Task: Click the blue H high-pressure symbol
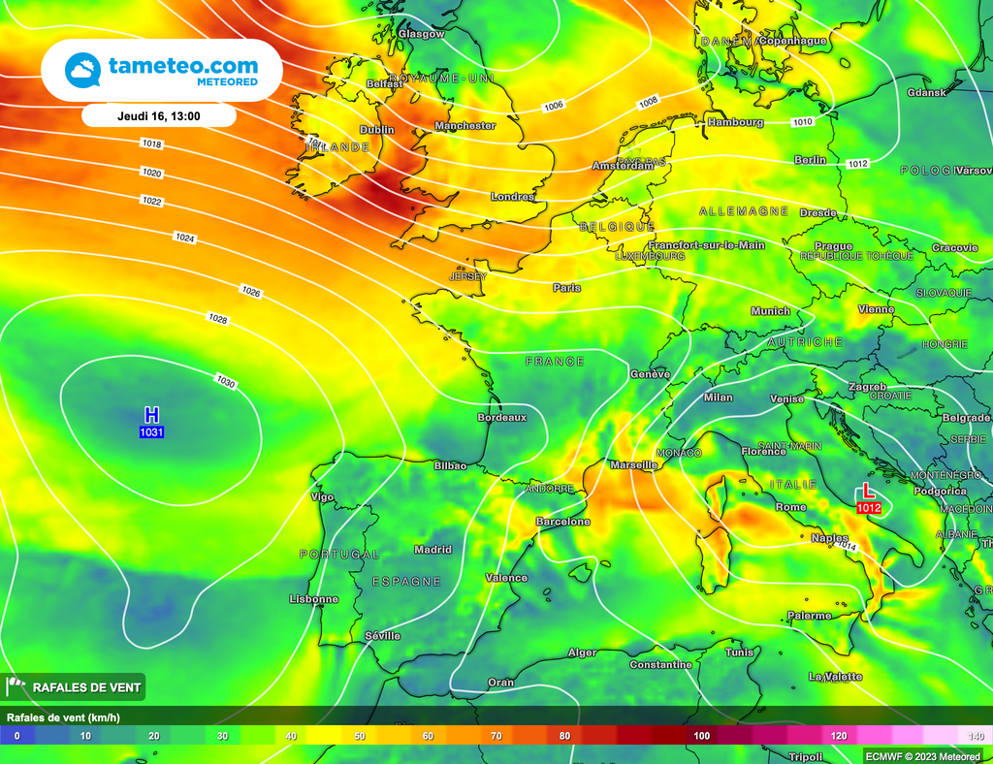coord(151,415)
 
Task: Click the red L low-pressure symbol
coord(868,492)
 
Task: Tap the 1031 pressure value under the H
coord(151,431)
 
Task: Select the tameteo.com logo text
coord(183,66)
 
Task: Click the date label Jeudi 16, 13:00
coord(159,115)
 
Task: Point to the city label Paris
coord(566,288)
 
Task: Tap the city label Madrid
coord(432,550)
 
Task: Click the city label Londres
coord(513,197)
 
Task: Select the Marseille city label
coord(634,465)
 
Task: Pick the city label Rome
coord(791,507)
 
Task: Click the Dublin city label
coord(377,130)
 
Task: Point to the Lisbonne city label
coord(314,599)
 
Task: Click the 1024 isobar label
coord(184,238)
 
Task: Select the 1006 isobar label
coord(554,106)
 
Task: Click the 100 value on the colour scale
coord(701,736)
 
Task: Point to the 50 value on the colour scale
coord(360,736)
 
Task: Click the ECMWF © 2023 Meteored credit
coord(922,755)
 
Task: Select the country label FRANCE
coord(555,362)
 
